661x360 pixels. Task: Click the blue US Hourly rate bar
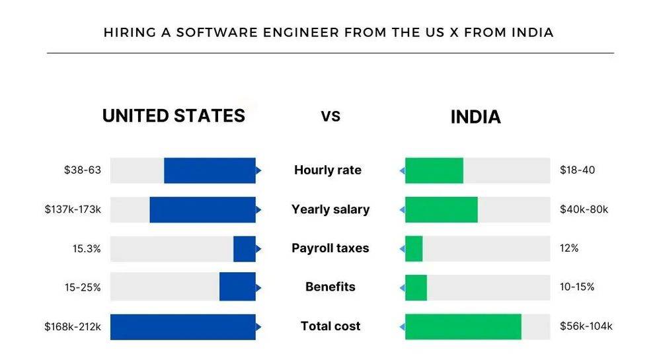(210, 170)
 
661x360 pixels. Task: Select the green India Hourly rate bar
(434, 170)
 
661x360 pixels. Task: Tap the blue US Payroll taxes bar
(244, 249)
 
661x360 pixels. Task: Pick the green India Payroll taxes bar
(414, 249)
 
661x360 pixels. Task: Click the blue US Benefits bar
(237, 287)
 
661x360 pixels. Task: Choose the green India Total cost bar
(463, 326)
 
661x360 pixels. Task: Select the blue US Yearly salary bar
(202, 209)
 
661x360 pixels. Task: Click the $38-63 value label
(83, 170)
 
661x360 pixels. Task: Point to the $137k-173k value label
(73, 209)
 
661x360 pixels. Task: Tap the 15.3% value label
(87, 249)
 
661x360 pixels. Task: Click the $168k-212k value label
(73, 326)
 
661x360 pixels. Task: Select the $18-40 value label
(577, 170)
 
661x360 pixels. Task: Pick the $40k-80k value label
(584, 209)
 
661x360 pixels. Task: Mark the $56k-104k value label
(586, 326)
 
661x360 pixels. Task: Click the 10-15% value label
(577, 287)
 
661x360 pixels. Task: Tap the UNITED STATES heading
(173, 116)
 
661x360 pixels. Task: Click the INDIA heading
(475, 118)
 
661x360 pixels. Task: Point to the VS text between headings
(330, 117)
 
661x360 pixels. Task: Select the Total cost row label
(330, 326)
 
